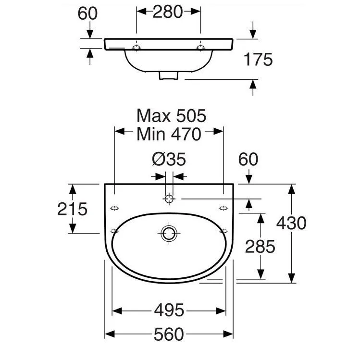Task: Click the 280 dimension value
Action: pos(168,12)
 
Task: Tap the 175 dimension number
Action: pos(258,60)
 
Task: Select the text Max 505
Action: pos(171,116)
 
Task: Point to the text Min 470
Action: pos(169,134)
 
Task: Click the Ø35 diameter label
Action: pos(169,159)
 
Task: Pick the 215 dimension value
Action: pos(72,209)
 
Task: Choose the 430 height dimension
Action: pos(291,223)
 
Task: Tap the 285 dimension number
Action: pos(260,247)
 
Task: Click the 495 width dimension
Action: pos(169,310)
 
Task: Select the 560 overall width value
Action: pos(169,334)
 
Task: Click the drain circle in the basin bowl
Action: pos(169,233)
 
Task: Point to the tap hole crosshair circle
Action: pos(169,199)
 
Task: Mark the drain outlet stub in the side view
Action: pos(169,75)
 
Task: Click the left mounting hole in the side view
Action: pos(136,48)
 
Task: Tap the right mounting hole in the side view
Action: pos(200,48)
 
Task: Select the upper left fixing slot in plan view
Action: pos(114,208)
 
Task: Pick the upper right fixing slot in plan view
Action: pos(223,208)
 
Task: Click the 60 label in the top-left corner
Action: pos(87,13)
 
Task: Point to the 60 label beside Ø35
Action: pos(248,159)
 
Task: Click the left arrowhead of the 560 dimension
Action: pos(110,334)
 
